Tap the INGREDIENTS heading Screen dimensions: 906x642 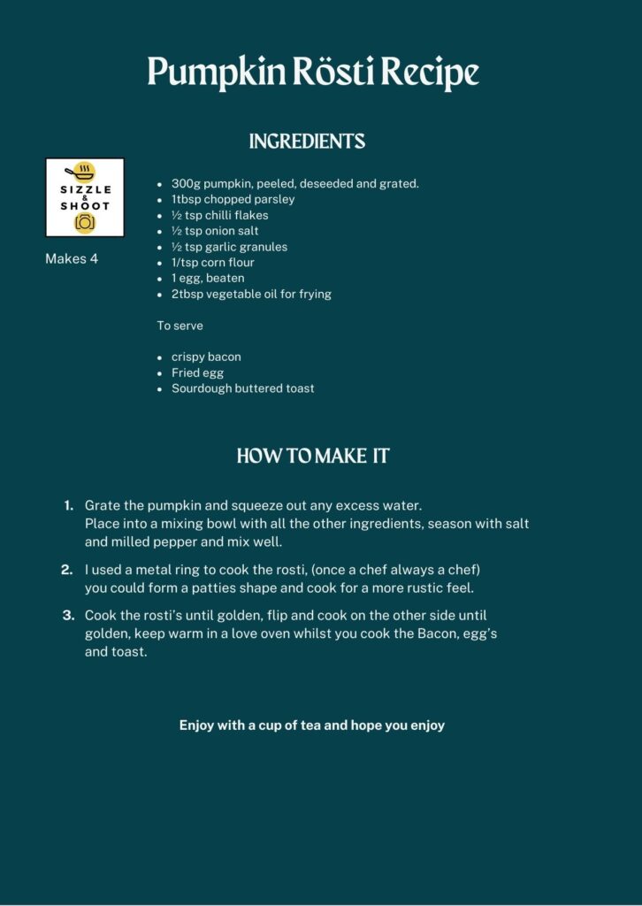[x=307, y=142]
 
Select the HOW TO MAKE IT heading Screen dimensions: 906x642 [x=313, y=457]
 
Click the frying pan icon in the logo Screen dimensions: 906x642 [x=85, y=171]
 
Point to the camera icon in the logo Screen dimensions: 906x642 [x=85, y=222]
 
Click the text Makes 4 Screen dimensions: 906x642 [x=72, y=259]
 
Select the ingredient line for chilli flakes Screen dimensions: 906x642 [x=219, y=215]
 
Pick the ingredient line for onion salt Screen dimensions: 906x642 [x=215, y=231]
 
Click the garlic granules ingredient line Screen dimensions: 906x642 [x=229, y=247]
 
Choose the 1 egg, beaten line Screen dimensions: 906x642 [x=208, y=278]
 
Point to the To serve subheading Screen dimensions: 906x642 [x=180, y=326]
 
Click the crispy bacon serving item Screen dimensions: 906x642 [x=206, y=357]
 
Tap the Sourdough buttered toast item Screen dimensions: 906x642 [x=242, y=388]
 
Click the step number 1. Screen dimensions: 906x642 [x=68, y=505]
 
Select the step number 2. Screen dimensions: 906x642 [x=67, y=570]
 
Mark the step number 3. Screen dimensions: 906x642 [x=67, y=615]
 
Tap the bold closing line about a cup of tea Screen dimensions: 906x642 [x=312, y=726]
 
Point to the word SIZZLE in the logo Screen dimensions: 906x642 [x=85, y=190]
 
